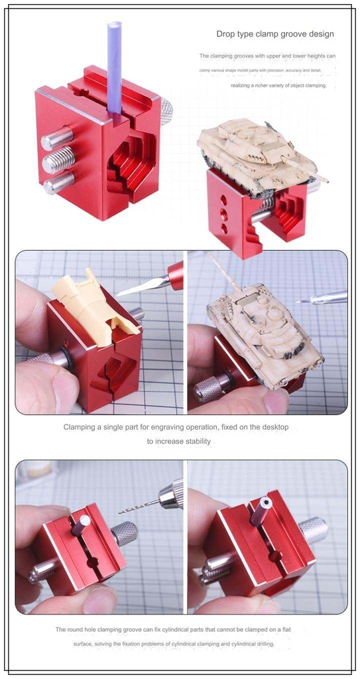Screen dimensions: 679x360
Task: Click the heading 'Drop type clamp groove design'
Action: click(274, 34)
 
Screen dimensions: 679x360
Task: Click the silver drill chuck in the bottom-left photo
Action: click(171, 495)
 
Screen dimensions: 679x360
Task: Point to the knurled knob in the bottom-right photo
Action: click(312, 530)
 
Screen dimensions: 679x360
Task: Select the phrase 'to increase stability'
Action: click(180, 441)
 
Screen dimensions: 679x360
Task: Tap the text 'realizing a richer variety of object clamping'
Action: click(278, 86)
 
